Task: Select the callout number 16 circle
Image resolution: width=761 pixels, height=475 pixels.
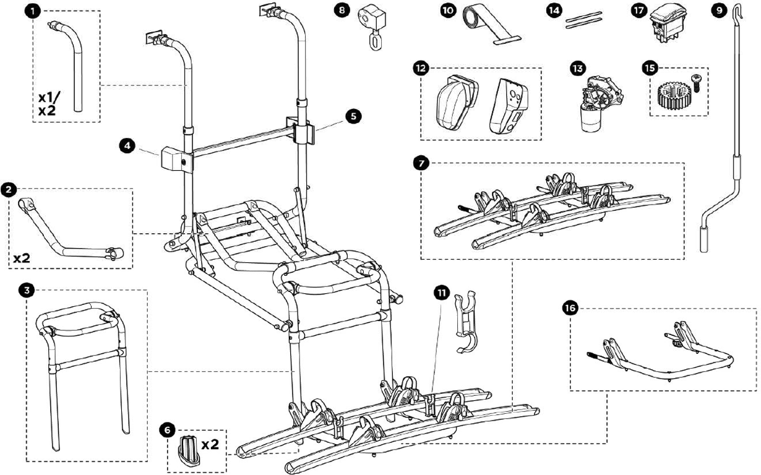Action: pyautogui.click(x=570, y=307)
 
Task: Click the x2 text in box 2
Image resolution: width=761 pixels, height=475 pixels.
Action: pyautogui.click(x=22, y=257)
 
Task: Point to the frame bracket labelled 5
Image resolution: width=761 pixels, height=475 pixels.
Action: pyautogui.click(x=301, y=130)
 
